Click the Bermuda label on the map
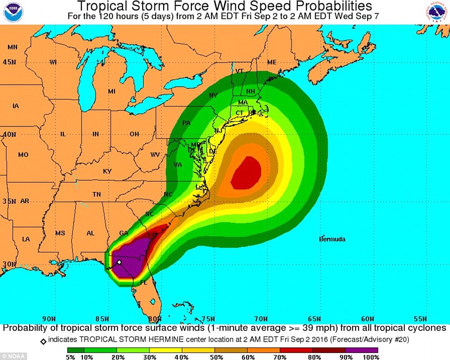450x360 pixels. (332, 239)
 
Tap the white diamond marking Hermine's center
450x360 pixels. (119, 263)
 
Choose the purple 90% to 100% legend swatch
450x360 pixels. (362, 349)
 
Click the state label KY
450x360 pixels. (107, 171)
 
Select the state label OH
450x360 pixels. (134, 134)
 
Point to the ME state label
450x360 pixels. (272, 62)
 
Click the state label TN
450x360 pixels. (97, 194)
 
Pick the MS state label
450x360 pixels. (60, 233)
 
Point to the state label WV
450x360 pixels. (155, 154)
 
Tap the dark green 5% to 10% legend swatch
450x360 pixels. (76, 349)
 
